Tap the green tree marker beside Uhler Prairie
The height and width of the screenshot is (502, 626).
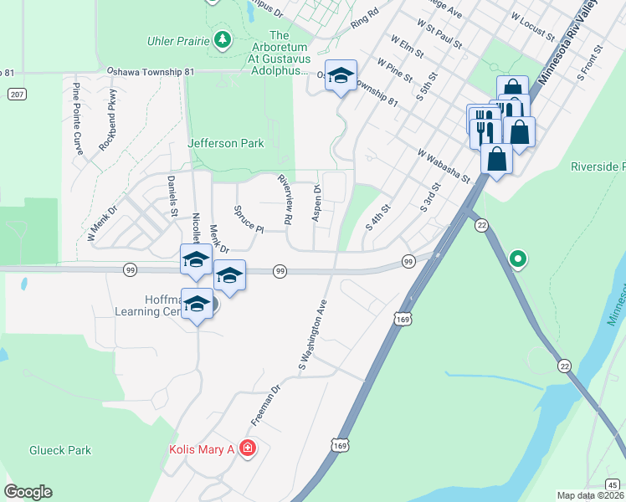pyautogui.click(x=222, y=38)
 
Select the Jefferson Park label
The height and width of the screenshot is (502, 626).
pyautogui.click(x=226, y=143)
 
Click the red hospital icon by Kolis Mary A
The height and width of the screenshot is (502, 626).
pyautogui.click(x=247, y=449)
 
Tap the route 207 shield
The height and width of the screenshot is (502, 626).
pyautogui.click(x=17, y=95)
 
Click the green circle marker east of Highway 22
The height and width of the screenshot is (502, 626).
pyautogui.click(x=518, y=259)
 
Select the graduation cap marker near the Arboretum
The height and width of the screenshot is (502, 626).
pyautogui.click(x=341, y=76)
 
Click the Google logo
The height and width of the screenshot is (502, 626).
pyautogui.click(x=28, y=492)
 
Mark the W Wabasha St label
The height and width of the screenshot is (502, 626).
pyautogui.click(x=444, y=165)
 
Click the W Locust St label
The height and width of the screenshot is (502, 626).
pyautogui.click(x=532, y=28)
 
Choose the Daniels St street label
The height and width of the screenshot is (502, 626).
pyautogui.click(x=172, y=195)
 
